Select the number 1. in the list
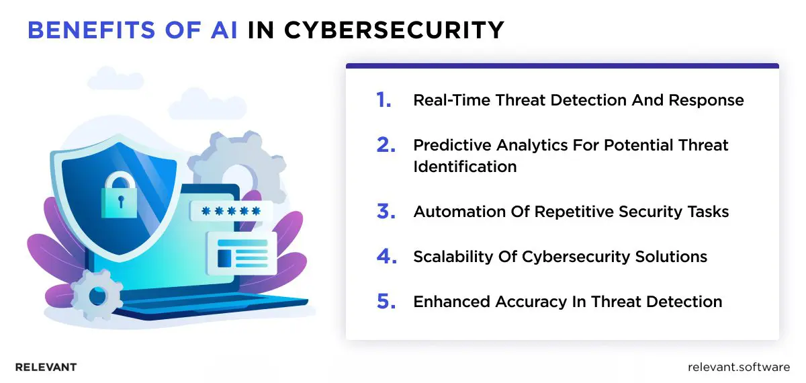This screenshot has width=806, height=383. click(384, 101)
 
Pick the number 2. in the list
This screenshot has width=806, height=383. click(386, 145)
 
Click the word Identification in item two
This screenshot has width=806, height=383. click(465, 167)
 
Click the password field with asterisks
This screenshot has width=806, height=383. click(230, 212)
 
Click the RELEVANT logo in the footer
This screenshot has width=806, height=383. click(46, 367)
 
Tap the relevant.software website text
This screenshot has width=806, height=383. click(740, 367)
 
